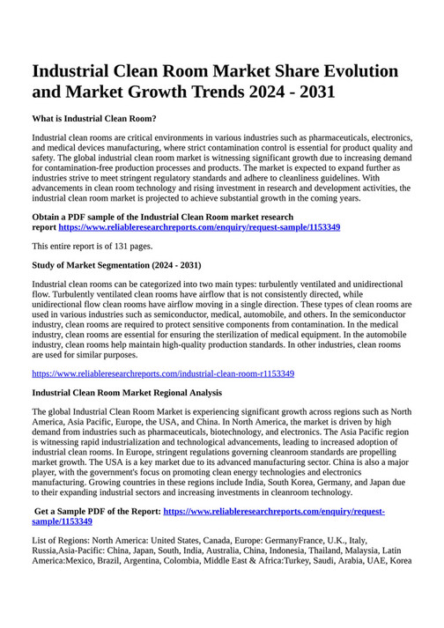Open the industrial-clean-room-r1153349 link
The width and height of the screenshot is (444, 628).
[163, 373]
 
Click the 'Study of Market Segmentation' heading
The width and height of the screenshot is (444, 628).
[116, 266]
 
